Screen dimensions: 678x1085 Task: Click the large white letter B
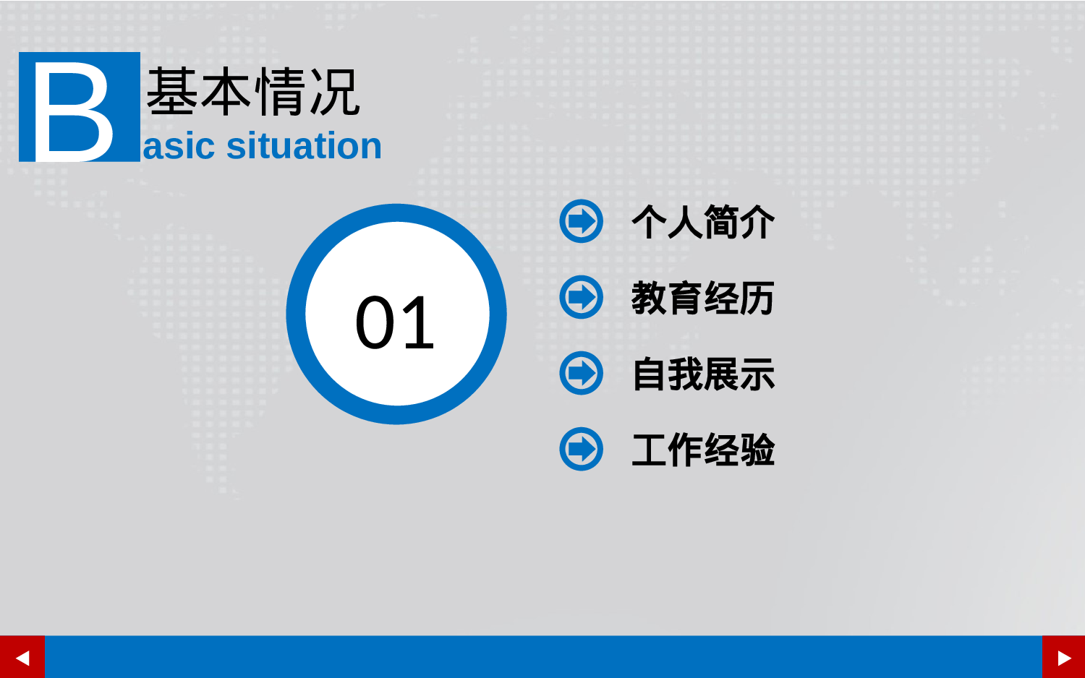(74, 111)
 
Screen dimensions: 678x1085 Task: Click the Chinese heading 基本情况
(253, 92)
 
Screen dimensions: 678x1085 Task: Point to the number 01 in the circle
(395, 322)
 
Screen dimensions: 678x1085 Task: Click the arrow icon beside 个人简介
(581, 221)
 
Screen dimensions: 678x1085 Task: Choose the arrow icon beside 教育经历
(581, 297)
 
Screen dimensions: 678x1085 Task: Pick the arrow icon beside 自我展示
(581, 373)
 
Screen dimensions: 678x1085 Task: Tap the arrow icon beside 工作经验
(581, 449)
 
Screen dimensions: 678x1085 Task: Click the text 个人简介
(703, 222)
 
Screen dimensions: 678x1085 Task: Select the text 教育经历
(703, 298)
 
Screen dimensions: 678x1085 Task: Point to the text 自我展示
(703, 374)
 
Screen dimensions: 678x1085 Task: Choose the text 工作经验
(703, 450)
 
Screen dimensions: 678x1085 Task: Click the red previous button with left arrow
(22, 657)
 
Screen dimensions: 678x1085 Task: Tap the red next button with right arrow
(1063, 657)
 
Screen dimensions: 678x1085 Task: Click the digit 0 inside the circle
(375, 322)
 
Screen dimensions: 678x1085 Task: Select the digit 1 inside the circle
(418, 322)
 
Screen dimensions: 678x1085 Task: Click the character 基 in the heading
(172, 92)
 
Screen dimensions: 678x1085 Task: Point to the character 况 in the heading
(334, 92)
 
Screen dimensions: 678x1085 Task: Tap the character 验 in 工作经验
(757, 450)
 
